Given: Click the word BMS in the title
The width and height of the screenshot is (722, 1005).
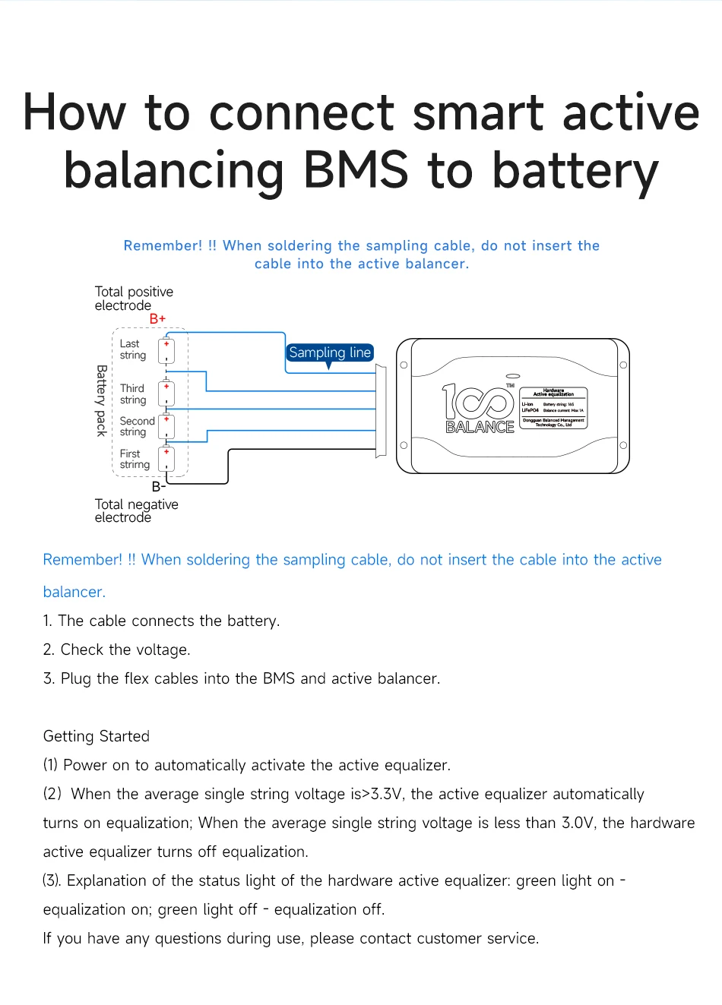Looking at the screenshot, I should point(356,169).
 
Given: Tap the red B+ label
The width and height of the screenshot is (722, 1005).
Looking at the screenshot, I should point(157,318).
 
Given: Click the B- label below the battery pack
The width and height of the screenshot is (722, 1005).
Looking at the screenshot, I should point(158,486).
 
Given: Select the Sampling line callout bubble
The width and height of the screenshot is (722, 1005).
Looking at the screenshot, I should point(330,352).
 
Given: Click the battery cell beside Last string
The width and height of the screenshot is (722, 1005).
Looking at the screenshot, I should point(166,351).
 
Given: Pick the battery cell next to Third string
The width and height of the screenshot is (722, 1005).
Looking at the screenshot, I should point(166,393).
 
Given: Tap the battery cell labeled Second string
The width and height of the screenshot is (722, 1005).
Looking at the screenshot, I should point(166,426).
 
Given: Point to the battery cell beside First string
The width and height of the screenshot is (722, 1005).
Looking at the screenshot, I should point(166,459).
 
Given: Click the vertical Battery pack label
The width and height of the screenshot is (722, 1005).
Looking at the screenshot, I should point(101,400).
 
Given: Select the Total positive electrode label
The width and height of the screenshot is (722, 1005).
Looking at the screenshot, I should point(134,299).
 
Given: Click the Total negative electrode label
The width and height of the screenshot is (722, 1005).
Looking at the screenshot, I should point(136,510).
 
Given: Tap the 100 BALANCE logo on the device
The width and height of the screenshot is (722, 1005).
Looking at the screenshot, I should point(479,409).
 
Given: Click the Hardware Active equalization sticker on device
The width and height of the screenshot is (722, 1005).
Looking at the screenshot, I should point(553,409).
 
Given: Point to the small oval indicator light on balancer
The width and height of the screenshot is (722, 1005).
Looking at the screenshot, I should point(513,375).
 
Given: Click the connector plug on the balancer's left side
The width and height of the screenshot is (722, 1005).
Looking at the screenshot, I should point(381,411).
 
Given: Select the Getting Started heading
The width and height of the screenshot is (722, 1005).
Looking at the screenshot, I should point(97,736).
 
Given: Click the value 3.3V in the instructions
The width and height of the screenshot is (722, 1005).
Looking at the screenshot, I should point(386,794).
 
